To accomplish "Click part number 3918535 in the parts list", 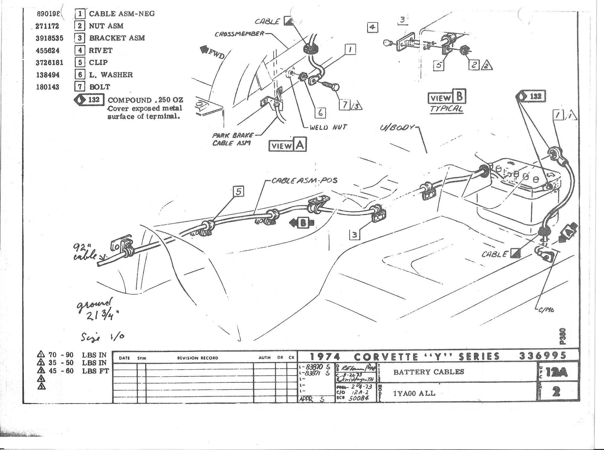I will (50, 38).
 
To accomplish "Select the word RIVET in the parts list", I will (101, 50).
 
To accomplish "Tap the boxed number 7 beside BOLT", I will (79, 87).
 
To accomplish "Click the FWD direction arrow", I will (212, 53).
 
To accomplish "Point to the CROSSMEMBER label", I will (239, 34).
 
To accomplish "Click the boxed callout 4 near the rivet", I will (372, 27).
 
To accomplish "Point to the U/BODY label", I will (397, 128).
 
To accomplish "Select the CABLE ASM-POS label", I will (304, 181).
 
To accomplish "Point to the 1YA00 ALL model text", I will (414, 393).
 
